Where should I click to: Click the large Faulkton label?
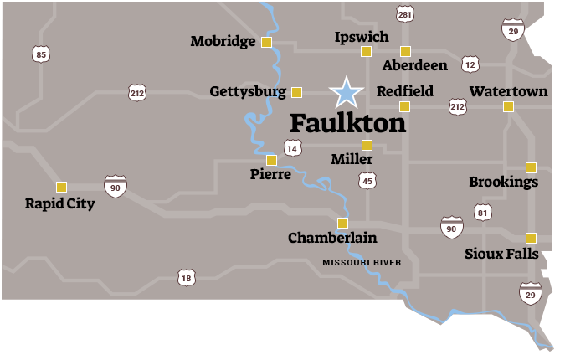[x=348, y=123]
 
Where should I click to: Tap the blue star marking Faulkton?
[x=346, y=92]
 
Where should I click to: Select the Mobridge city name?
[x=223, y=41]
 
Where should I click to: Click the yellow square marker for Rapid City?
[x=61, y=187]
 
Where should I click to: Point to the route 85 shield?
[x=41, y=54]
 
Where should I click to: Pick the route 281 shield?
[x=404, y=16]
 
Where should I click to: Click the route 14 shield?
[x=292, y=149]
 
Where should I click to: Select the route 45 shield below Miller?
[x=367, y=180]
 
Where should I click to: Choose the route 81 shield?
[x=482, y=213]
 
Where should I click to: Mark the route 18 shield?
[x=186, y=277]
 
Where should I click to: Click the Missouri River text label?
[x=362, y=263]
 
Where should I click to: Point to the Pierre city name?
[x=270, y=175]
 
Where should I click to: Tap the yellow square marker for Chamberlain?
[x=342, y=223]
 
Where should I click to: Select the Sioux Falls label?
[x=501, y=255]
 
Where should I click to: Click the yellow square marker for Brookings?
[x=531, y=167]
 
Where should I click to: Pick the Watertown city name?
[x=509, y=90]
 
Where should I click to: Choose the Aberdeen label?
[x=414, y=65]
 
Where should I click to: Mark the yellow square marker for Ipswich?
[x=366, y=52]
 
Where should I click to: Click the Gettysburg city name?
[x=248, y=91]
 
